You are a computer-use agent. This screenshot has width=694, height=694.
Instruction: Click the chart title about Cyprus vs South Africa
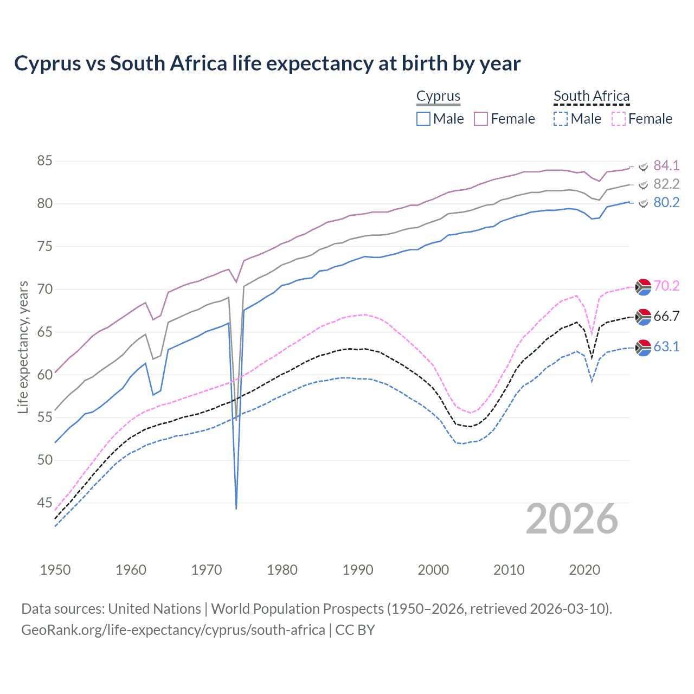[267, 63]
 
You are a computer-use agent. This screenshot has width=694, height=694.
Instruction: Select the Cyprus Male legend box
[423, 119]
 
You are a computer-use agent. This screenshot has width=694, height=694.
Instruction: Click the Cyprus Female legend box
[481, 119]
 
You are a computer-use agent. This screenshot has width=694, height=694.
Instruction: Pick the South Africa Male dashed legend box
[561, 119]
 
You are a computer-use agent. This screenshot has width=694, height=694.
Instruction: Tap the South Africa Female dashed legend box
[619, 119]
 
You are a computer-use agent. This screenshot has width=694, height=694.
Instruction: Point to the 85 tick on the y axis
[44, 161]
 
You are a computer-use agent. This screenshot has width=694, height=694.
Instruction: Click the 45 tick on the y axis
[44, 503]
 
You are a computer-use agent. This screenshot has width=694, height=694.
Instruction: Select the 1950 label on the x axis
[55, 570]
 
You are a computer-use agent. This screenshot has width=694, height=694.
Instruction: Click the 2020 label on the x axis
[584, 570]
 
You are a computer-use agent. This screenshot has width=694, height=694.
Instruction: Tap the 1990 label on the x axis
[358, 570]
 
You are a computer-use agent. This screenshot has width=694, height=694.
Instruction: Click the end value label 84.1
[666, 165]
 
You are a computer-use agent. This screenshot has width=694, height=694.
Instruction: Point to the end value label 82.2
[666, 184]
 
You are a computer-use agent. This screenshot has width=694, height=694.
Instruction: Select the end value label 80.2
[666, 202]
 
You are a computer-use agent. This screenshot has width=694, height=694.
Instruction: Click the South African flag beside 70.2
[643, 286]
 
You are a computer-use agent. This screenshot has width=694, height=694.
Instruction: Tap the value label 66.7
[666, 316]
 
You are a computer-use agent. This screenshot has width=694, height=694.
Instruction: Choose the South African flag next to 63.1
[643, 347]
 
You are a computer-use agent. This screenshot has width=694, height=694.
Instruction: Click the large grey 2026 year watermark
[572, 519]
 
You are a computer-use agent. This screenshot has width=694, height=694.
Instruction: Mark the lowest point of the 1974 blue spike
[236, 509]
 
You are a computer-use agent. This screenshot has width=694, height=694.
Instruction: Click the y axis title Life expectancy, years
[23, 347]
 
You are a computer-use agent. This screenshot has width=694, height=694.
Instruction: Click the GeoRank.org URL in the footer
[173, 630]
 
